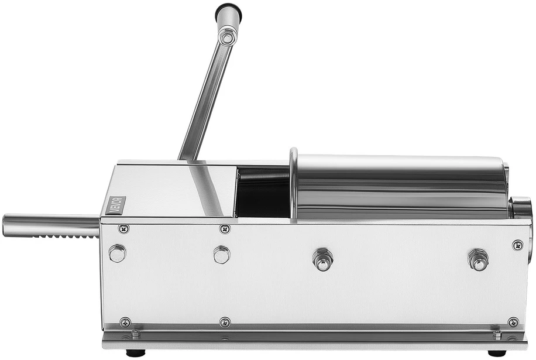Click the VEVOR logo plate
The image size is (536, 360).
(115, 205)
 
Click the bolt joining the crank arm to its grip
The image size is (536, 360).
(227, 36)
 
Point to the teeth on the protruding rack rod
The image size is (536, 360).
(68, 236)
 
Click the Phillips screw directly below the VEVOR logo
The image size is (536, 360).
(123, 229)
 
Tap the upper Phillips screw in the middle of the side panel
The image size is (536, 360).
(225, 229)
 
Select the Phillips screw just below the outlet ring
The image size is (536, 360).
(517, 245)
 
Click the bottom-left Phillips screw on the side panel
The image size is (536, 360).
(125, 322)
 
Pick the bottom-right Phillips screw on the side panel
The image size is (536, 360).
(513, 322)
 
